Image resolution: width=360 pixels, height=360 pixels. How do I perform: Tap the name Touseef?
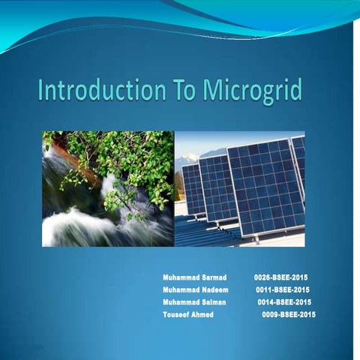click(x=175, y=314)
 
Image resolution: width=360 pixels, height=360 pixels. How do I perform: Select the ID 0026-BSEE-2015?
click(x=281, y=277)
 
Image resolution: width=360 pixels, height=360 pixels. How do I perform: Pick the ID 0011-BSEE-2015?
click(x=283, y=289)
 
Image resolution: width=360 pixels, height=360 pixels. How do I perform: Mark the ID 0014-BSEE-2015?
click(x=284, y=301)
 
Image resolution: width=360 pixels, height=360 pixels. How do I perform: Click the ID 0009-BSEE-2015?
click(x=289, y=314)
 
